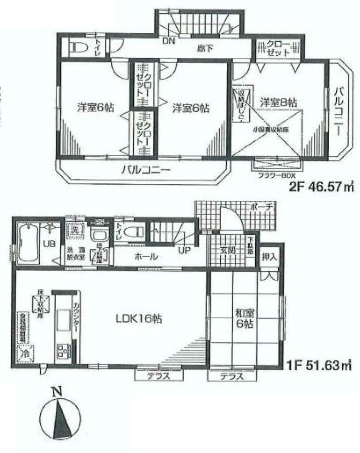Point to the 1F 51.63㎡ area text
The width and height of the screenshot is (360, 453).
pyautogui.click(x=319, y=367)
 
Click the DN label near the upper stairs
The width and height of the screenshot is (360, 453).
pyautogui.click(x=168, y=41)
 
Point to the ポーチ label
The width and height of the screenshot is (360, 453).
pyautogui.click(x=261, y=207)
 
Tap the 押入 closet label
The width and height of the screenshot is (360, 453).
pyautogui.click(x=269, y=257)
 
